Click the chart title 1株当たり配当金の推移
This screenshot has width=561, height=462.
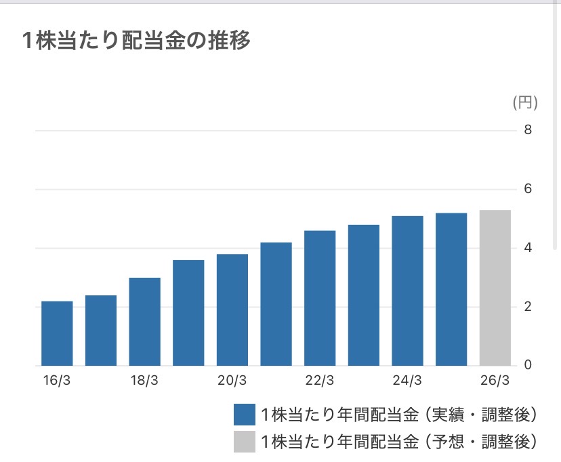136,40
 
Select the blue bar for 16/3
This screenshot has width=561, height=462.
57,333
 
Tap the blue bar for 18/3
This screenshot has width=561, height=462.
144,322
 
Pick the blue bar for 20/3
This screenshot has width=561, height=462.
232,310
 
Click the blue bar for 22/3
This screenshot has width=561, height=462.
320,298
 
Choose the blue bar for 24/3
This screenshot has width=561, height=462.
407,291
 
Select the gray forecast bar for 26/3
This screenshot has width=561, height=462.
495,288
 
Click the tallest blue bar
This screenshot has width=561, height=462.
451,289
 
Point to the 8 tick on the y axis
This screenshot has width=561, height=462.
528,130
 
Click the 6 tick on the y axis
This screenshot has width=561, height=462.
528,189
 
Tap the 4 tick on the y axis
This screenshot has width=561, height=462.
528,247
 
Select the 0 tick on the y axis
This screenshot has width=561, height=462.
528,364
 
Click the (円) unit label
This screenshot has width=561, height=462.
525,102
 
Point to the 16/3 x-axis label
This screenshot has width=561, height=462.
56,380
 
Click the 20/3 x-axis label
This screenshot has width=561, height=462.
232,380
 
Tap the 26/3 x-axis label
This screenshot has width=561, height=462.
495,380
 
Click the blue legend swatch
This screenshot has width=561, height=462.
245,415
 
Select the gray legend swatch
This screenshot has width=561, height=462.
245,442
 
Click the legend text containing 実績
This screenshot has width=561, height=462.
399,415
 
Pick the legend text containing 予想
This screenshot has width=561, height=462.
399,442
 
